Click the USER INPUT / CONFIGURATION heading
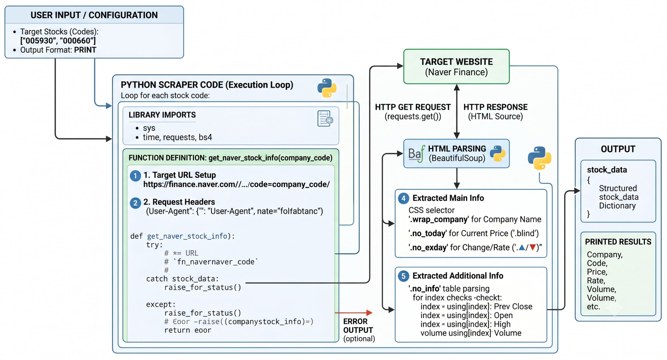94,15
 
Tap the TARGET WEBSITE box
456,66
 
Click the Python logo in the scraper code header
326,88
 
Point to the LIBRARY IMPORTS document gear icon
325,119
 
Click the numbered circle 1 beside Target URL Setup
135,176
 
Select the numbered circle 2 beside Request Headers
135,203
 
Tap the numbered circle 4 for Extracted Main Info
404,198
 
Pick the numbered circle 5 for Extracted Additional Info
404,276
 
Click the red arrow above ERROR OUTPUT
354,313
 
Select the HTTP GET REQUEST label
413,107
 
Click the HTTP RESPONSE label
495,107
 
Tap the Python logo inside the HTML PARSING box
497,154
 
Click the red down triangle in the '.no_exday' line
533,247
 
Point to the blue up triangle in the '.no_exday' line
522,247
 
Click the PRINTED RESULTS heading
618,242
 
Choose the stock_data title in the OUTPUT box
607,170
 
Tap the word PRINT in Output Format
85,50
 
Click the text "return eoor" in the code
188,330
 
